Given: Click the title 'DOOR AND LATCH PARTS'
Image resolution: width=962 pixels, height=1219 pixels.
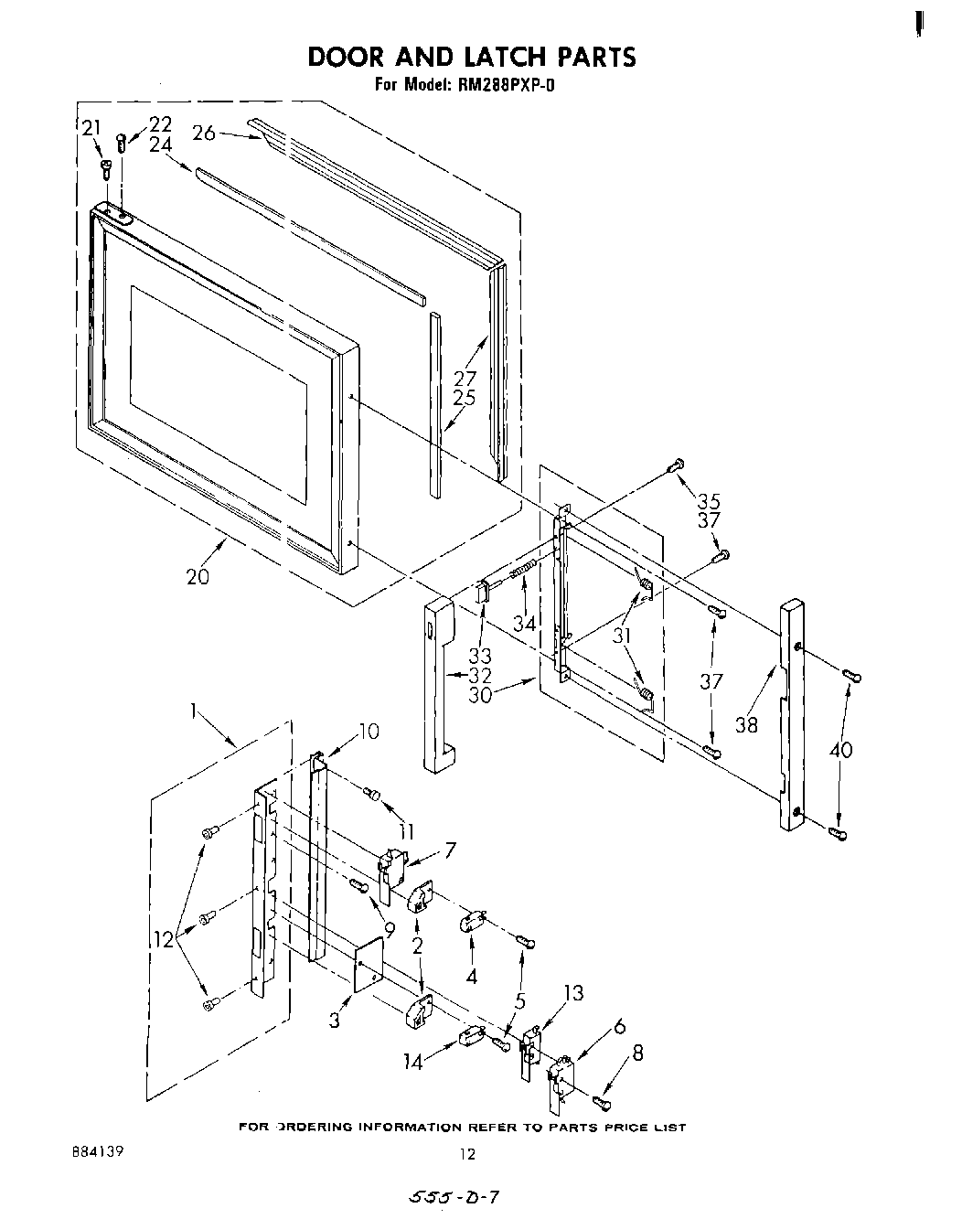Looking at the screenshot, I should (x=471, y=57).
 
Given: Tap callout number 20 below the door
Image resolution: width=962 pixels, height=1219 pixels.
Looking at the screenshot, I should (x=198, y=576).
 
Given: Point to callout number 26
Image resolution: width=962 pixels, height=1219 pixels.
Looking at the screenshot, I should (x=204, y=134).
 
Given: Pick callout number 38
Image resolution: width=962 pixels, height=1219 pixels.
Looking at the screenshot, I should (x=747, y=724).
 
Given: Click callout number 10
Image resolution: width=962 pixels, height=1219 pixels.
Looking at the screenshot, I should (x=368, y=732).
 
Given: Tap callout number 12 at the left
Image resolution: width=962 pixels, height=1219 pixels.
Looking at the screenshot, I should (x=166, y=938).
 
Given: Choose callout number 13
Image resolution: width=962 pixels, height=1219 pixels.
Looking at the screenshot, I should (x=572, y=994).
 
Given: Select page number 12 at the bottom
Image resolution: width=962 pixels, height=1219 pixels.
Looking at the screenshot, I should (x=467, y=1155).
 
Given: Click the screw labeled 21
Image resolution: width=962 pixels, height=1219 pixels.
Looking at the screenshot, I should (x=106, y=167).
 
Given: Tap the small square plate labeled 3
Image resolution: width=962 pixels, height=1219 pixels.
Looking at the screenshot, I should (x=369, y=968).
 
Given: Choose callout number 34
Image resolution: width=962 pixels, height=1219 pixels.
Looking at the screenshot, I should (x=523, y=624).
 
